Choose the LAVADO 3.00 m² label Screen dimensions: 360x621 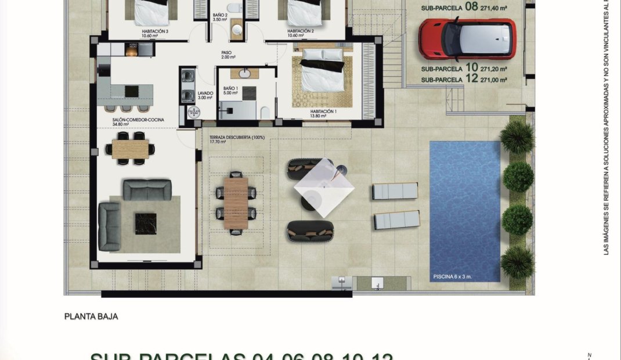205,95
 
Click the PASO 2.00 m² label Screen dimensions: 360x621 227,55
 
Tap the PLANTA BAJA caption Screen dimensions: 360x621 91,316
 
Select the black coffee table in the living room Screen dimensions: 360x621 145,224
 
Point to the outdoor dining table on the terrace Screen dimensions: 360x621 235,203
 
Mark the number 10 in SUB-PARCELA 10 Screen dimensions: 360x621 471,68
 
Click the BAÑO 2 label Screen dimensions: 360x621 219,16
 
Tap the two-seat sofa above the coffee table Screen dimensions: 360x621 147,189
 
